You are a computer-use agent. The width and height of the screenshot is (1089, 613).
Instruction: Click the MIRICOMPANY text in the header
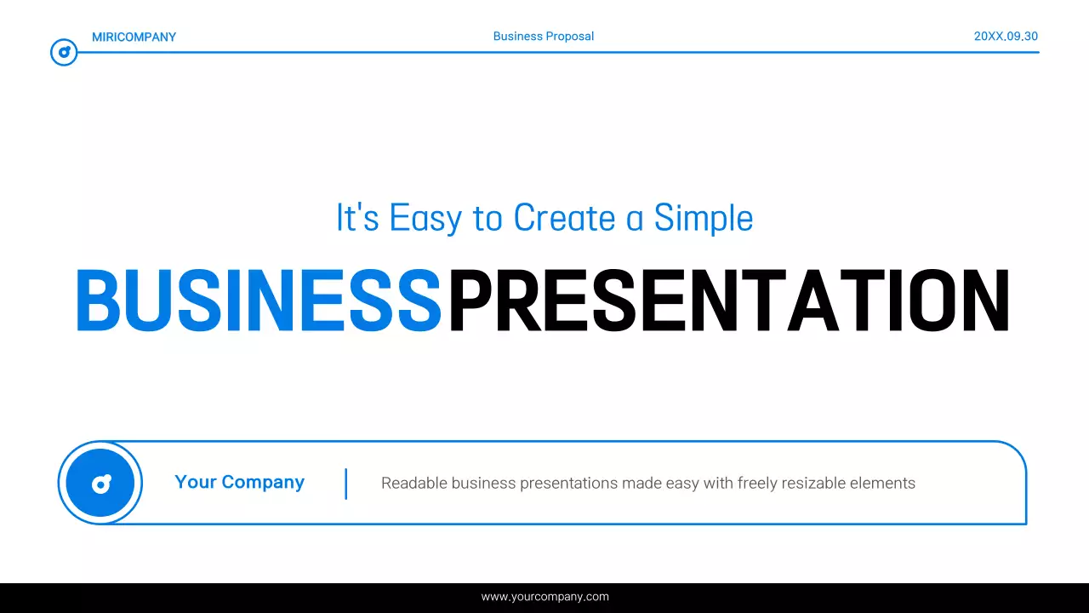[x=134, y=37]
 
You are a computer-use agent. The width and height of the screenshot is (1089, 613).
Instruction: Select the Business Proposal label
[x=543, y=37]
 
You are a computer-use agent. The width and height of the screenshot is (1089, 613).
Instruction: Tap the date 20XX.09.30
[x=1006, y=37]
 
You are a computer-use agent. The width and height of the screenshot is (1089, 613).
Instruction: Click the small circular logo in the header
[x=64, y=53]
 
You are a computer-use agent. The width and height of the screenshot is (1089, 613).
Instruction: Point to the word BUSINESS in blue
[x=259, y=301]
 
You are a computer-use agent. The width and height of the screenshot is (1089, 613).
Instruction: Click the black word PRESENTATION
[x=729, y=301]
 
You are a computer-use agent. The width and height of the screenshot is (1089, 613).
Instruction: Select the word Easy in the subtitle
[x=425, y=218]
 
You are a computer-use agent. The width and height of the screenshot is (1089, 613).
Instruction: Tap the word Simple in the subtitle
[x=704, y=218]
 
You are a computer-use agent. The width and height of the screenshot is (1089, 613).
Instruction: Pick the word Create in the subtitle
[x=564, y=218]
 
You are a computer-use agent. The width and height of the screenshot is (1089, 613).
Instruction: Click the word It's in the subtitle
[x=357, y=218]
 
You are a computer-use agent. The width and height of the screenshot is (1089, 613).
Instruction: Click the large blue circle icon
[x=100, y=483]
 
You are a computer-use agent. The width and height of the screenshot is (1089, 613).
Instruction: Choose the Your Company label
[x=239, y=482]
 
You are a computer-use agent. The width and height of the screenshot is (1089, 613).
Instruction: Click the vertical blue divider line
[x=346, y=483]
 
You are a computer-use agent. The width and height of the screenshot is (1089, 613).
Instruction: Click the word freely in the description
[x=756, y=484]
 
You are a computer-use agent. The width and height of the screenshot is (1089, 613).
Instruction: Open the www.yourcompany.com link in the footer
[x=544, y=597]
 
